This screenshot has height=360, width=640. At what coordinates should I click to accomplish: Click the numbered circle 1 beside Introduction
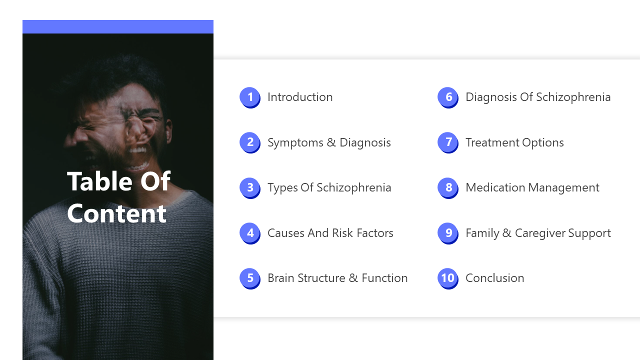(x=249, y=97)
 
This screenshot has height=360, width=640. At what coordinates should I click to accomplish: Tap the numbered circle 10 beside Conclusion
(x=447, y=278)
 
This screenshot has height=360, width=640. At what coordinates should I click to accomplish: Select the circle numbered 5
(x=249, y=278)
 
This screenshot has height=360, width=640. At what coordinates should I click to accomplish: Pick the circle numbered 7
(x=447, y=142)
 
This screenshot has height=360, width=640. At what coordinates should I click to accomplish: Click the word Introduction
(x=300, y=97)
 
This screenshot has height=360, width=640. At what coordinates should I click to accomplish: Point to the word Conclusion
(x=495, y=278)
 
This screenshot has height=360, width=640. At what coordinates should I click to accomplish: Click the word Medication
(x=495, y=187)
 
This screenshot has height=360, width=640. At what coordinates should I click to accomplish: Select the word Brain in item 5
(x=281, y=278)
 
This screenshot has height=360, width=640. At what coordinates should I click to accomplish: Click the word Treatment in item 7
(x=492, y=142)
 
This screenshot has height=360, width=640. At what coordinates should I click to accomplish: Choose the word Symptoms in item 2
(x=295, y=143)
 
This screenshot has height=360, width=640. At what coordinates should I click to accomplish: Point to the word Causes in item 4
(x=286, y=233)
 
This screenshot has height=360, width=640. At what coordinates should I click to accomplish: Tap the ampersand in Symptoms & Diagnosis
(x=331, y=142)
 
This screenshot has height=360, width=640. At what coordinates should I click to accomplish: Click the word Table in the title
(x=99, y=181)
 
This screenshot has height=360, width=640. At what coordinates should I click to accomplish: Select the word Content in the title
(x=116, y=213)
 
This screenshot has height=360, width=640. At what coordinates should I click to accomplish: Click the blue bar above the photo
(x=118, y=26)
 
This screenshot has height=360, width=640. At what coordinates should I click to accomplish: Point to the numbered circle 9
(x=447, y=233)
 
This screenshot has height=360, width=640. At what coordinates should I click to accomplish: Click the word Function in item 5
(x=384, y=278)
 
